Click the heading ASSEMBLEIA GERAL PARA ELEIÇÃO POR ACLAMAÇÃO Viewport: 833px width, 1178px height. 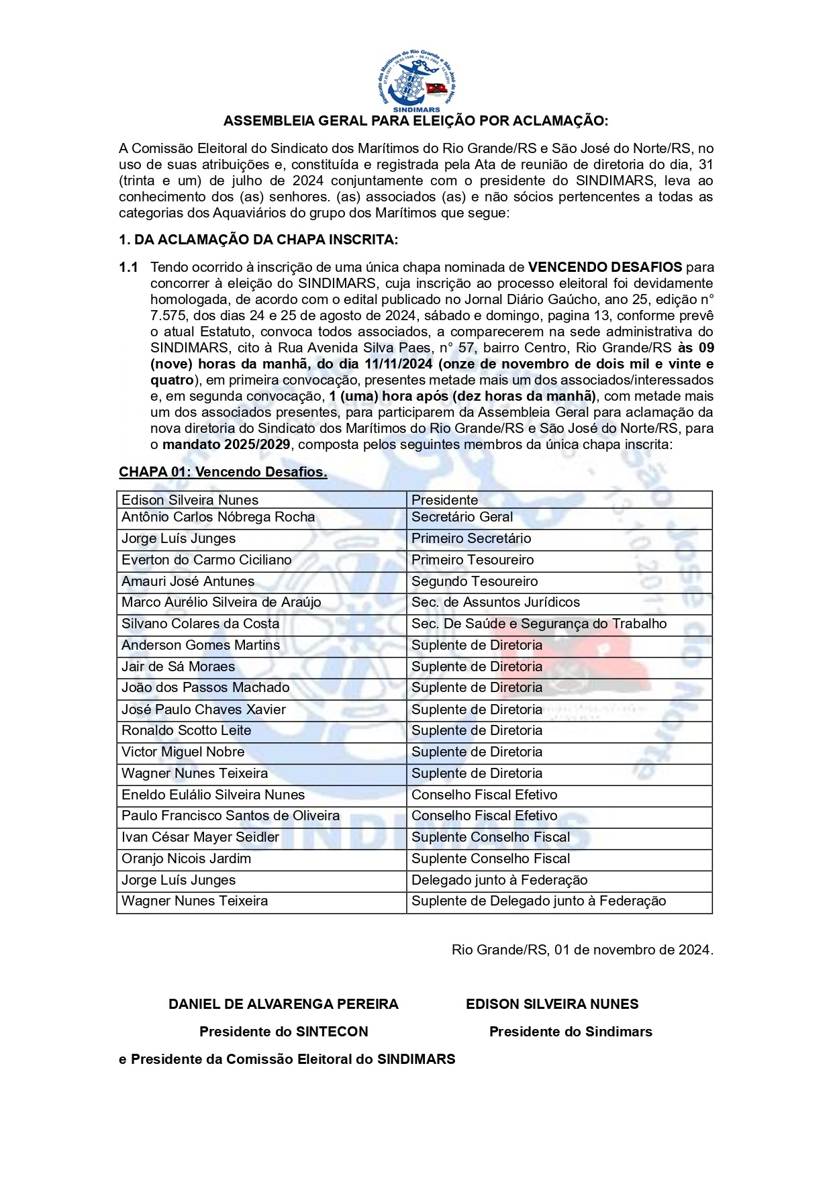click(x=415, y=121)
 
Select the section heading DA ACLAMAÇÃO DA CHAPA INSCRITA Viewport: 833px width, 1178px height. click(x=258, y=240)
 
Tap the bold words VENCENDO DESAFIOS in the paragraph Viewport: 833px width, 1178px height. click(x=605, y=267)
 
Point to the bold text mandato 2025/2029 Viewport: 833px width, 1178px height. click(x=226, y=444)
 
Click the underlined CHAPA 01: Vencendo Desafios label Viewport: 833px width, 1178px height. click(x=223, y=472)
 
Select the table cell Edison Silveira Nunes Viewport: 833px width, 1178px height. click(x=190, y=500)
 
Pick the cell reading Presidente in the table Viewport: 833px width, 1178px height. click(x=444, y=500)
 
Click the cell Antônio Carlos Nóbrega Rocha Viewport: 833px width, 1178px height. click(x=218, y=517)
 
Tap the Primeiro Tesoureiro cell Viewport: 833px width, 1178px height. click(x=473, y=560)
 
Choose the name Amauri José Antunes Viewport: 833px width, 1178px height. click(x=188, y=581)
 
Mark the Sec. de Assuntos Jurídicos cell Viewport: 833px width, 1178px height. click(x=495, y=602)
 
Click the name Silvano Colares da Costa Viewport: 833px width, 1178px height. click(x=200, y=624)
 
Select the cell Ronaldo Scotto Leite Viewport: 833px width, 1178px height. click(x=186, y=730)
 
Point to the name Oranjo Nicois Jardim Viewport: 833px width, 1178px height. click(x=186, y=858)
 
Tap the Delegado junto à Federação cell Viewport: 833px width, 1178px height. click(x=499, y=880)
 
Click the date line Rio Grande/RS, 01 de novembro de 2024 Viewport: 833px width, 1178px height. click(x=582, y=950)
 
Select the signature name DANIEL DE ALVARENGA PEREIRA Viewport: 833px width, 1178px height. click(x=283, y=1004)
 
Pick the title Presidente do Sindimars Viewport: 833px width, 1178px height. click(x=571, y=1032)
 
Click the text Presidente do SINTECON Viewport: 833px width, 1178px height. click(x=283, y=1032)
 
